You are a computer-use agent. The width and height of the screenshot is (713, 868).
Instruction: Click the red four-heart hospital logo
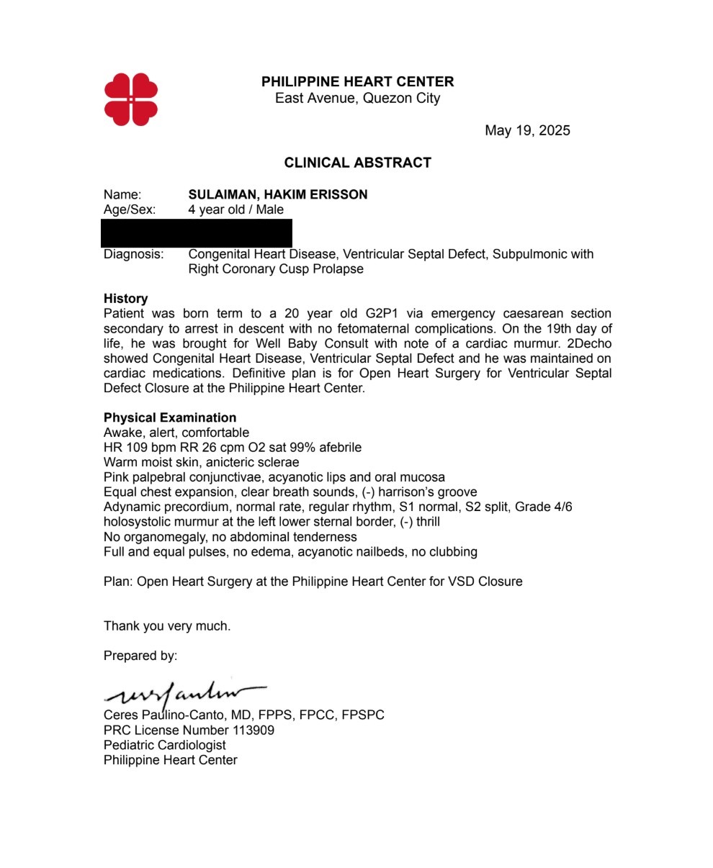point(131,99)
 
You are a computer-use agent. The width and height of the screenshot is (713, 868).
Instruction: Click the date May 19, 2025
point(527,130)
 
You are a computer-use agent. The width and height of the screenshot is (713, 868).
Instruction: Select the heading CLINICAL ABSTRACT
point(357,163)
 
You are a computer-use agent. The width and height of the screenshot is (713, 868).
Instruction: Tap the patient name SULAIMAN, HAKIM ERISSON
point(277,194)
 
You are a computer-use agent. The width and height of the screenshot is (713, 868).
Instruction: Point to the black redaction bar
point(197,233)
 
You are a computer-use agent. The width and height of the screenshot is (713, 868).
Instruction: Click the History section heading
point(125,299)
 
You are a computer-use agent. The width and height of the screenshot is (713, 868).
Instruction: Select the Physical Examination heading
point(169,417)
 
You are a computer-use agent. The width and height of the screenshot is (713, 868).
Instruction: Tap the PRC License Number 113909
point(189,730)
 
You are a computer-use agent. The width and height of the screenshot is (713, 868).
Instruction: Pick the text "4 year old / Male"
point(236,209)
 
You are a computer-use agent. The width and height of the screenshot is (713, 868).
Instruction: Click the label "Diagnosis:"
point(133,254)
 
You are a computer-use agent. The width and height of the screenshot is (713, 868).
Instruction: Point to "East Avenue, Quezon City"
point(357,98)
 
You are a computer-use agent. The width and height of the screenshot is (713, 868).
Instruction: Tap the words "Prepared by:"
point(140,656)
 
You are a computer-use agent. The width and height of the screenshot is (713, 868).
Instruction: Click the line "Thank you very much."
point(167,626)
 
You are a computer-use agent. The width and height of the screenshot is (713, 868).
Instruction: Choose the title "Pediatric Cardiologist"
point(164,745)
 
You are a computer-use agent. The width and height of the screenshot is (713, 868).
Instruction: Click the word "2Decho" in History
point(589,343)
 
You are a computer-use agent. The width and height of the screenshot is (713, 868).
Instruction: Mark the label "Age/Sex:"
point(130,209)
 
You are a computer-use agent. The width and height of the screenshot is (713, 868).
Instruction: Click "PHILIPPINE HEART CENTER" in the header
point(357,82)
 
